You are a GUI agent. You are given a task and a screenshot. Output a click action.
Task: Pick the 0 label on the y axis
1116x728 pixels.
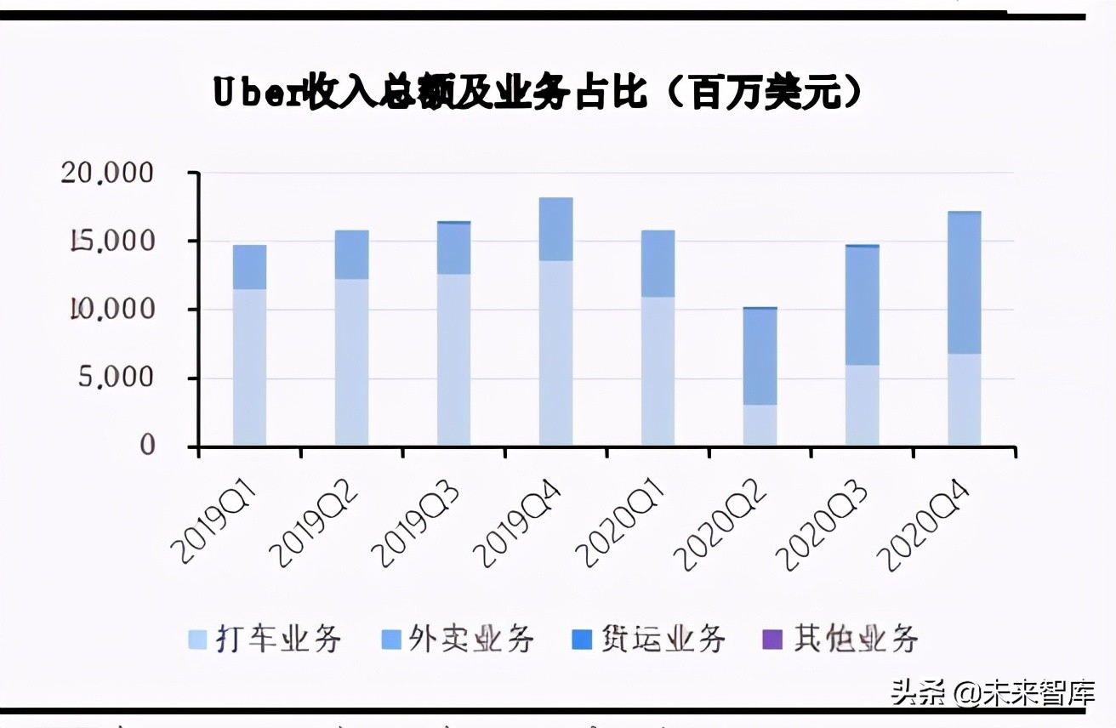tap(147, 446)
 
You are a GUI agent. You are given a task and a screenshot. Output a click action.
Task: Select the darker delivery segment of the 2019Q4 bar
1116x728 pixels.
tap(555, 229)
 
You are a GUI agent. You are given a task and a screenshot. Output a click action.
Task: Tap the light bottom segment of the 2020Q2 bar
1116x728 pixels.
tap(760, 425)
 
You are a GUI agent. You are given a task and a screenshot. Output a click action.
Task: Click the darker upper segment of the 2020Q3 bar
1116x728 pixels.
tap(862, 305)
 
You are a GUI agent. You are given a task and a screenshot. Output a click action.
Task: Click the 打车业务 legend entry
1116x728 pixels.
tap(265, 638)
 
